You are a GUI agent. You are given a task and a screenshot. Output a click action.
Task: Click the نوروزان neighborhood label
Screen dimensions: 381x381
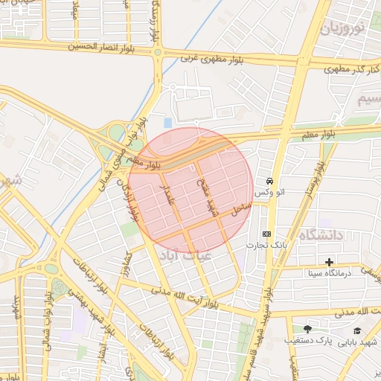coord(344,29)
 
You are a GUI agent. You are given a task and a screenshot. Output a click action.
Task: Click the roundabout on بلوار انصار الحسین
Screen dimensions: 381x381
coord(158,53)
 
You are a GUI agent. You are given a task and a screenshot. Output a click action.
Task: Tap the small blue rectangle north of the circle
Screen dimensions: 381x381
coord(167,122)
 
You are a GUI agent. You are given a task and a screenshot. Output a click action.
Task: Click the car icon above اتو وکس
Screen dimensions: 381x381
coord(269,181)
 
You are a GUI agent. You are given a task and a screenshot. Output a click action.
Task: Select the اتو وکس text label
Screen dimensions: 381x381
coord(269,193)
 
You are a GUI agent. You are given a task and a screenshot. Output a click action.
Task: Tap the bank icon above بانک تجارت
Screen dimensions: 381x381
coord(266,233)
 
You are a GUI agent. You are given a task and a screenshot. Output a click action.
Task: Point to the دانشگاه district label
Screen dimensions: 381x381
coord(322,235)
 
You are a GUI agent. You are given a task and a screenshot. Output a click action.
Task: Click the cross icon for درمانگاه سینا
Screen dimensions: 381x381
coord(330,262)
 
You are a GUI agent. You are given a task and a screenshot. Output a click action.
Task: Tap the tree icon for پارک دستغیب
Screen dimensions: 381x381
coord(308,329)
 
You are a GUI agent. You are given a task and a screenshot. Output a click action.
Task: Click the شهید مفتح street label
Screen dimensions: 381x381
coord(206,194)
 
